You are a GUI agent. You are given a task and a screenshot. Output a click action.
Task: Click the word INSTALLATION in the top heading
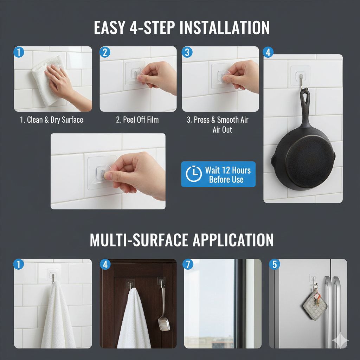225,28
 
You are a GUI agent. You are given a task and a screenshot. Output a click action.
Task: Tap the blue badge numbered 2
105,52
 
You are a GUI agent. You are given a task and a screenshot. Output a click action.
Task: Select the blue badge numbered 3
187,52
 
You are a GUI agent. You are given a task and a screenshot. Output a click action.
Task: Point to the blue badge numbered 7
188,264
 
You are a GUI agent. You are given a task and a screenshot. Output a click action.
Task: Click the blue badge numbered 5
275,264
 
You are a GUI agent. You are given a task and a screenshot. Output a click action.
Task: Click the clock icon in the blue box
194,174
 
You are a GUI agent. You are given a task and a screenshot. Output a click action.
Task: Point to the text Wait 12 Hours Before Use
227,175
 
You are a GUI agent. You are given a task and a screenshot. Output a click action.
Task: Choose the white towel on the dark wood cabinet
134,319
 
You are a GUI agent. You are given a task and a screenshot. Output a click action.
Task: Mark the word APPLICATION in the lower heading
233,240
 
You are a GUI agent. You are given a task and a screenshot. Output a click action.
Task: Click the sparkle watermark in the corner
340,340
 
